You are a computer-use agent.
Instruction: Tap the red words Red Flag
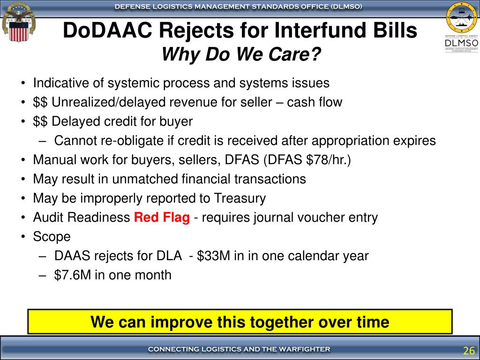[162, 217]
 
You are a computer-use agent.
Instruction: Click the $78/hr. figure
[328, 160]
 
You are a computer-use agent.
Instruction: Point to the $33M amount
[213, 255]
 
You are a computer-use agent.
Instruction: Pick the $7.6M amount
[73, 275]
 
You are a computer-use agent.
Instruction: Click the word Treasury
[240, 198]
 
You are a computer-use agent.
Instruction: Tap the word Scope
[52, 237]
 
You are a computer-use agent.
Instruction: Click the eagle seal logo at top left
[19, 22]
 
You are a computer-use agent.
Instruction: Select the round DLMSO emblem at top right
[462, 17]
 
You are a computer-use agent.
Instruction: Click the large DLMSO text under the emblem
[462, 43]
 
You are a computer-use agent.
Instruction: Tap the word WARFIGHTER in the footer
[307, 349]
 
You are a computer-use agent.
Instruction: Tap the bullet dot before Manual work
[23, 160]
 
